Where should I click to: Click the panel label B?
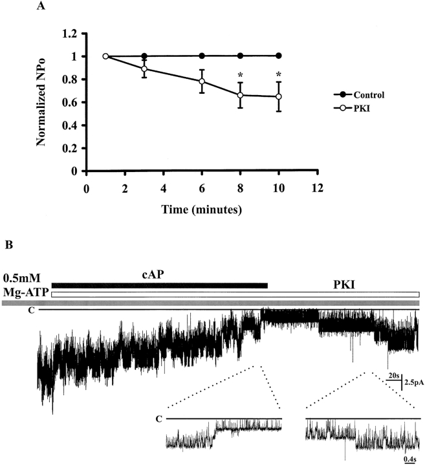tap(8, 246)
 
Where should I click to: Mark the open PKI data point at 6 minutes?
tap(202, 81)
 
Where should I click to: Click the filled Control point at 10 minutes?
tap(279, 56)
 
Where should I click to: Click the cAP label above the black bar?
tap(159, 274)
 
